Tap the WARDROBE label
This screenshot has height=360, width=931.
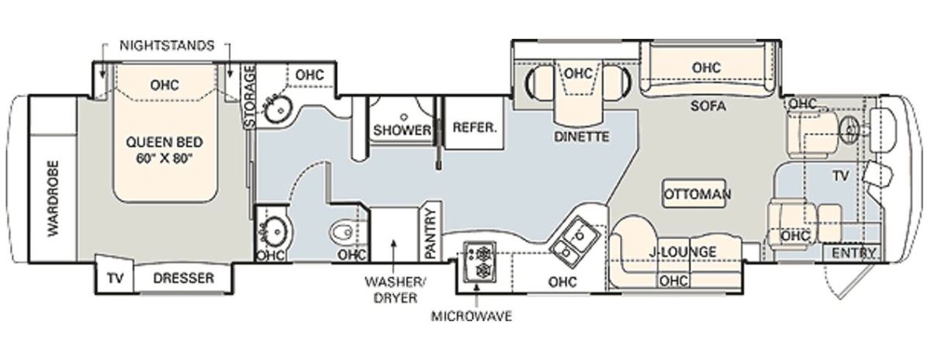[54, 199]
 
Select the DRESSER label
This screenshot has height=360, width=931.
[183, 278]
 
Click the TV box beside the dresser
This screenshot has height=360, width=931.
[115, 278]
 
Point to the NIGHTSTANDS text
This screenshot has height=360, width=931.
[167, 45]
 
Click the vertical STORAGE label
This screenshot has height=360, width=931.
[249, 96]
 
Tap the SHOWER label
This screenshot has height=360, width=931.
[402, 130]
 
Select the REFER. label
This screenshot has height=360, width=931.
[475, 127]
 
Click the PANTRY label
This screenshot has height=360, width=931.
[431, 234]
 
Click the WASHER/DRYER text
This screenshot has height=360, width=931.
[394, 289]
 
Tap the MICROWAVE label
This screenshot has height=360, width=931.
[472, 317]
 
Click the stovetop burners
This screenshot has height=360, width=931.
[480, 262]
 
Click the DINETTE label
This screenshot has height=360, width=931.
[581, 137]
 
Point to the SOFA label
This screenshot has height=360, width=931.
[708, 106]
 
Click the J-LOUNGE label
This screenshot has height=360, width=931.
[683, 251]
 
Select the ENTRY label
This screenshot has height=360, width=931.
[854, 253]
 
